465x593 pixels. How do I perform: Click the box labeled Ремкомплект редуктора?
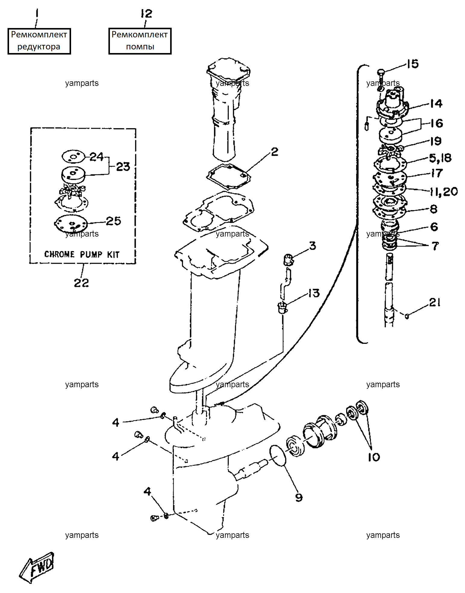(39, 41)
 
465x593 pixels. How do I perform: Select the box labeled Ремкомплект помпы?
(140, 41)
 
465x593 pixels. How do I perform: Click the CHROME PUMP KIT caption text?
(82, 254)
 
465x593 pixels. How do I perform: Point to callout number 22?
(81, 283)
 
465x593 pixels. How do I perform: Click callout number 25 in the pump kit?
(114, 221)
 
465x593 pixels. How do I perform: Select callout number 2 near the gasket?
(274, 152)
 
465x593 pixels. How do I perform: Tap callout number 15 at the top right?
(413, 64)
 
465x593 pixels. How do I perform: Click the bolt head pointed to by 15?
(381, 72)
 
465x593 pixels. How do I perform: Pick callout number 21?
(435, 302)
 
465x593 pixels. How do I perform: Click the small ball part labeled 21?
(407, 316)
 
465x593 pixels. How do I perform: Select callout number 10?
(374, 457)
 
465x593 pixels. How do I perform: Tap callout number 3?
(313, 246)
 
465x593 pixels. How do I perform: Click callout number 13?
(314, 293)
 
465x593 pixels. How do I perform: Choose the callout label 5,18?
(440, 158)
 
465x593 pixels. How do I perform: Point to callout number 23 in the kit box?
(123, 167)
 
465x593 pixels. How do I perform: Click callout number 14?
(436, 104)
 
